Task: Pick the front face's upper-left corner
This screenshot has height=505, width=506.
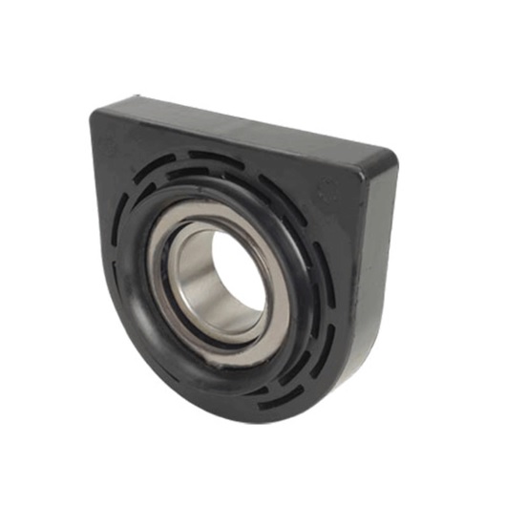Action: click(x=96, y=116)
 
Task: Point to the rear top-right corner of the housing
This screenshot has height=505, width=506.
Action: click(x=394, y=153)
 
